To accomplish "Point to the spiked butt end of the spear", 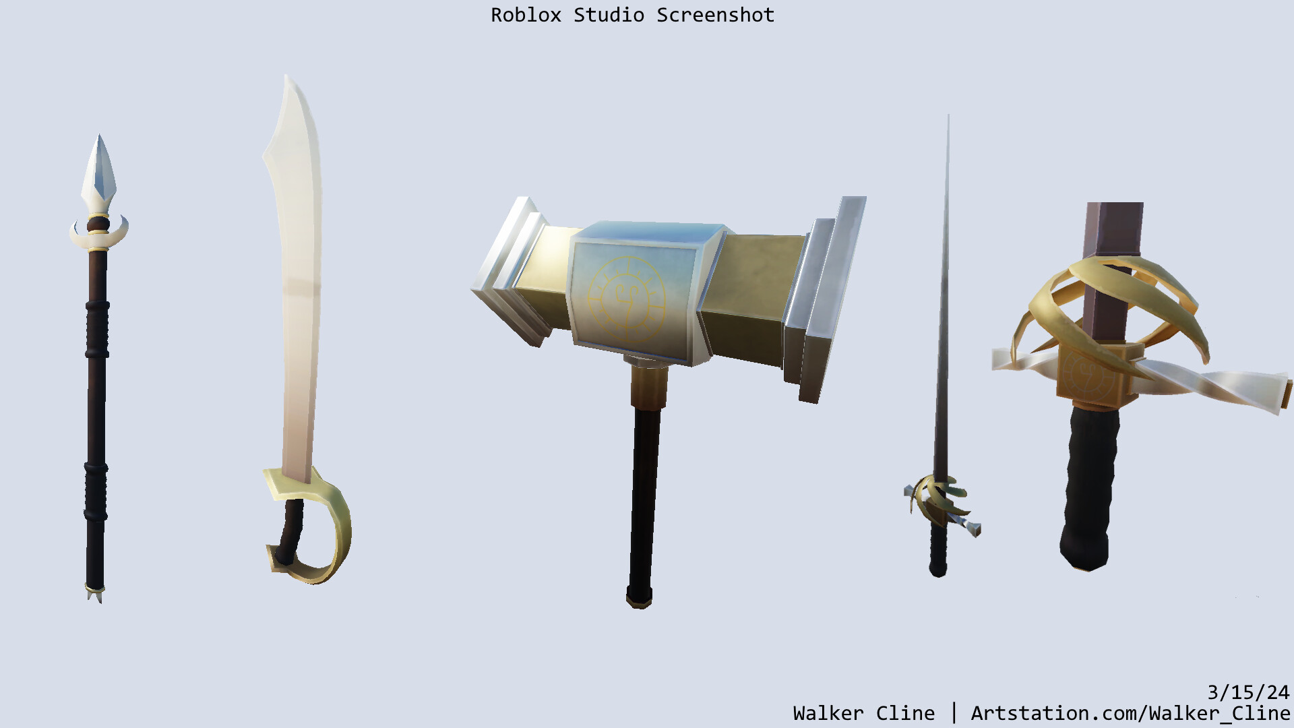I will coord(95,594).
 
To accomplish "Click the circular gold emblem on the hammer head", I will coord(626,297).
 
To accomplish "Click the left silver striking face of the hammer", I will coord(509,270).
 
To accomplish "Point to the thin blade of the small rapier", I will coord(944,303).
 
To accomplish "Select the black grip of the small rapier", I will coord(937,549).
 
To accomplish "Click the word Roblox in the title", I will coord(526,15).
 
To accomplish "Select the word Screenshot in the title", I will coord(715,15).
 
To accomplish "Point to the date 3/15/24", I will coord(1247,692).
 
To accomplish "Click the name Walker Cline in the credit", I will coord(863,713).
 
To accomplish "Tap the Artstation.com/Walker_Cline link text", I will coord(1130,713).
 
